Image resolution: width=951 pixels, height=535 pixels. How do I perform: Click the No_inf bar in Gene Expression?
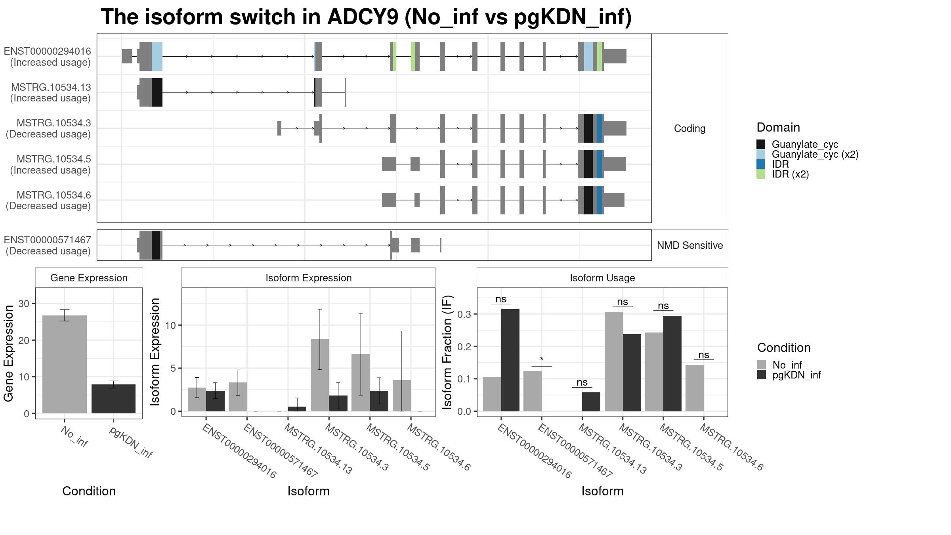(x=64, y=364)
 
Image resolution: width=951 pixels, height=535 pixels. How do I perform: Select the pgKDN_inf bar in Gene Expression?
(x=113, y=399)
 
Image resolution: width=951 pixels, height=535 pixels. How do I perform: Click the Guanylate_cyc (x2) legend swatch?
(x=761, y=154)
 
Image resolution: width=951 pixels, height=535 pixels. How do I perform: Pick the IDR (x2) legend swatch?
(x=761, y=174)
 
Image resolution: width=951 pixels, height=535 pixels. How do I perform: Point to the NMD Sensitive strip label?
(x=690, y=245)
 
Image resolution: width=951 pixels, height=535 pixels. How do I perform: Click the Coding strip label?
(x=690, y=128)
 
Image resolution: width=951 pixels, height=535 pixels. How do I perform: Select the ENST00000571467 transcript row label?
(x=48, y=245)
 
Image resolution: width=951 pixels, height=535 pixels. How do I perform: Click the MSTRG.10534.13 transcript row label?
(x=51, y=93)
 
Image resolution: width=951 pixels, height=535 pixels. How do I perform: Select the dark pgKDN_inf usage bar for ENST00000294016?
(x=510, y=360)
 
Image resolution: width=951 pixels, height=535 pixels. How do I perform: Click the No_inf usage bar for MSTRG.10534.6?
(x=695, y=388)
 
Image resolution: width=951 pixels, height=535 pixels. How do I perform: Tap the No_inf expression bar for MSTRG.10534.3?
(x=320, y=375)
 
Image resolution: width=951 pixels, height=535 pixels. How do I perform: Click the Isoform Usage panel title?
(x=602, y=278)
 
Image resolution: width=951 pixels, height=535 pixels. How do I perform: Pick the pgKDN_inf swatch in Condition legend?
(x=762, y=374)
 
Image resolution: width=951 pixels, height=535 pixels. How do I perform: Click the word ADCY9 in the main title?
(x=363, y=17)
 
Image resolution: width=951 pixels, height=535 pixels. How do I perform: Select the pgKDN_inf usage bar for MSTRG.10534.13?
(x=591, y=402)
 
